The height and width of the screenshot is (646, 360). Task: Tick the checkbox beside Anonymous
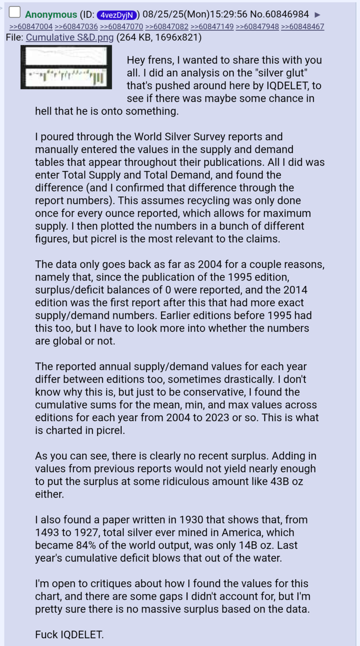pyautogui.click(x=14, y=12)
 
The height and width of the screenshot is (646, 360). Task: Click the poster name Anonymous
pyautogui.click(x=51, y=14)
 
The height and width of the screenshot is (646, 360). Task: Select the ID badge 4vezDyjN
pyautogui.click(x=117, y=15)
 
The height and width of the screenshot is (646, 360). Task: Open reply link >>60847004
pyautogui.click(x=31, y=27)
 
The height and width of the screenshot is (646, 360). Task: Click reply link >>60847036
pyautogui.click(x=76, y=27)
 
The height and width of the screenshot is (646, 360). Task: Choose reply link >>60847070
pyautogui.click(x=121, y=27)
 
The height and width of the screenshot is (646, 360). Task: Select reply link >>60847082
pyautogui.click(x=167, y=27)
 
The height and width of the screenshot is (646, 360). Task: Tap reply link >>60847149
pyautogui.click(x=212, y=27)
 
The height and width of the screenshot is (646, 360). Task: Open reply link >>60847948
pyautogui.click(x=257, y=27)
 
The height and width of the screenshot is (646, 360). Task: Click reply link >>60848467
pyautogui.click(x=302, y=27)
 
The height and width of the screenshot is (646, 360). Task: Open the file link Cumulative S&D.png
pyautogui.click(x=70, y=37)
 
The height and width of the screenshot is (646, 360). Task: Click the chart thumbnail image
pyautogui.click(x=66, y=67)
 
